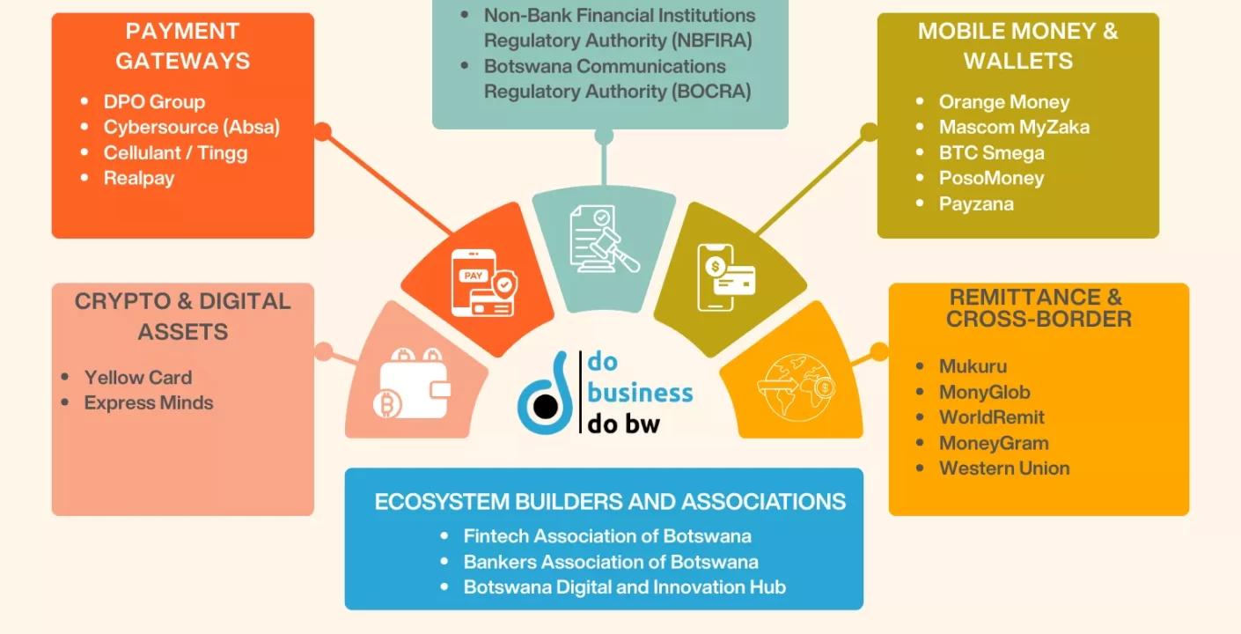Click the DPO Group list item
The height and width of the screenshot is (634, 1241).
tap(154, 101)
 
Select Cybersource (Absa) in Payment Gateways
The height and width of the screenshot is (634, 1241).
tap(191, 127)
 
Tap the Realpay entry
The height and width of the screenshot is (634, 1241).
tap(139, 178)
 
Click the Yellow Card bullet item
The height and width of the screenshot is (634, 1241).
tap(137, 377)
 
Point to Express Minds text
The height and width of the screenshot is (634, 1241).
tap(149, 402)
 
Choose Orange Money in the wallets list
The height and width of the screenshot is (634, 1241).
tap(1004, 101)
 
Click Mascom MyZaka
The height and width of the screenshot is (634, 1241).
tap(1014, 127)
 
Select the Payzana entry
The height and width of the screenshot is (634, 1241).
tap(976, 203)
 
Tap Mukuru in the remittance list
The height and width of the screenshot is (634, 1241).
tap(973, 366)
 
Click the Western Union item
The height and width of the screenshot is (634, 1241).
tap(1004, 468)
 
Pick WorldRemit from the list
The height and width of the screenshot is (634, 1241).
tap(992, 417)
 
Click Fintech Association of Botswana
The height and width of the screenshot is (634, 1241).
tap(607, 535)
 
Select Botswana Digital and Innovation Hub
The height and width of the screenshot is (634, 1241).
tap(624, 586)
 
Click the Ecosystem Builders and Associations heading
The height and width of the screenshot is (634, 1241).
tap(610, 502)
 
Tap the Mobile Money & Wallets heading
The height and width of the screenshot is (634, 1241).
tap(1017, 46)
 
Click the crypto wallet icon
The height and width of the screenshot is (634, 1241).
tap(410, 383)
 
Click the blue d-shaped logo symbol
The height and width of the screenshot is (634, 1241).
tap(543, 395)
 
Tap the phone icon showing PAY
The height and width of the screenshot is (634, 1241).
tap(481, 282)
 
